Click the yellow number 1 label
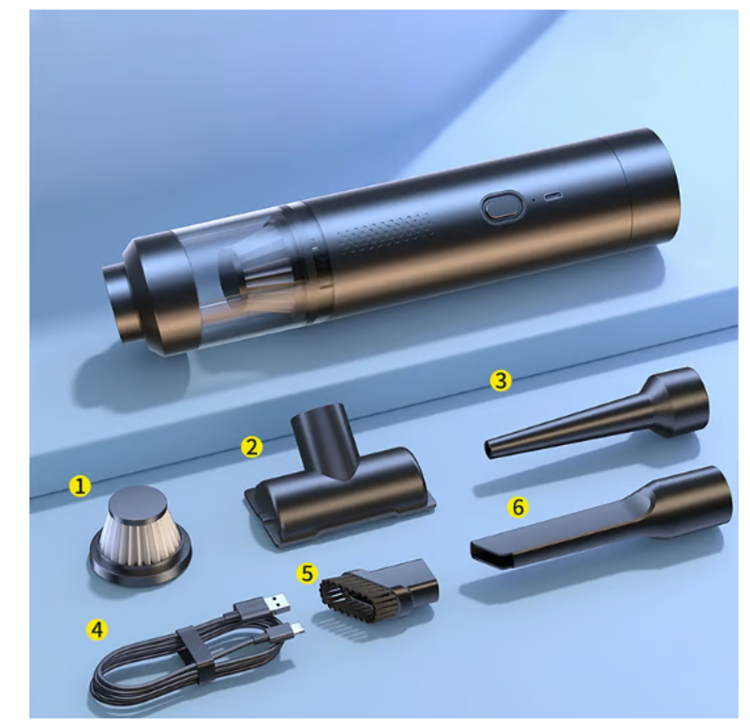pyautogui.click(x=80, y=486)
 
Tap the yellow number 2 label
pyautogui.click(x=251, y=447)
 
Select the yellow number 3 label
pyautogui.click(x=501, y=381)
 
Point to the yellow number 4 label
pyautogui.click(x=97, y=630)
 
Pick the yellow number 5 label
pyautogui.click(x=307, y=573)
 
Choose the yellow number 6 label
pyautogui.click(x=518, y=507)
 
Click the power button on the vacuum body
pyautogui.click(x=501, y=206)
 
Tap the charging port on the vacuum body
pyautogui.click(x=552, y=196)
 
